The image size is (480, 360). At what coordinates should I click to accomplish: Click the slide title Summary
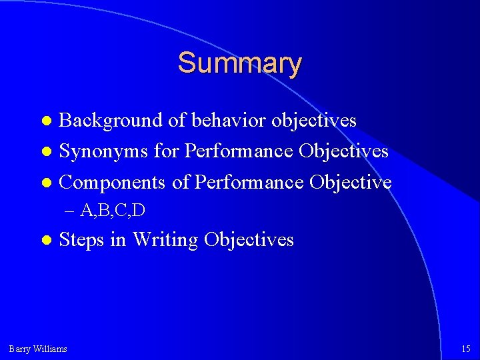click(x=239, y=63)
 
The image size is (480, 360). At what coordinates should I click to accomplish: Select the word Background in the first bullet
click(x=111, y=121)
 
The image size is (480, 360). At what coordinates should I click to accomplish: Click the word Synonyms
click(x=104, y=151)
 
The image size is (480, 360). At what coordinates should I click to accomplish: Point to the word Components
click(x=113, y=182)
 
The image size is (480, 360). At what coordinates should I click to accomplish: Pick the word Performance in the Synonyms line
click(x=239, y=151)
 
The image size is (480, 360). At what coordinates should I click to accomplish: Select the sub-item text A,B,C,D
click(x=113, y=211)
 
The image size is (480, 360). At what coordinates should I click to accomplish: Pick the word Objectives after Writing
click(x=249, y=240)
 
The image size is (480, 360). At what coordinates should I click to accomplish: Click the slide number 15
click(x=465, y=349)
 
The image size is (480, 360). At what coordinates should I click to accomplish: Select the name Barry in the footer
click(x=19, y=349)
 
